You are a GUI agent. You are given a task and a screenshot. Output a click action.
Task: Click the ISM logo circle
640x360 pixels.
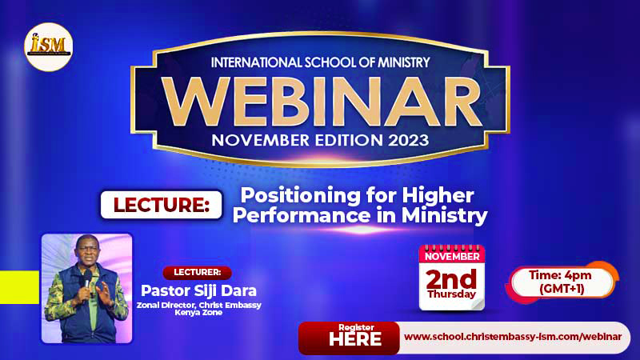pyautogui.click(x=49, y=47)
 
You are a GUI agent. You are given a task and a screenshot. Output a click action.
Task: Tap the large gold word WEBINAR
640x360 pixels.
pyautogui.click(x=322, y=102)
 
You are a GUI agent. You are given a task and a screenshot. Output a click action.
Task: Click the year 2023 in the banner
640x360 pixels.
pyautogui.click(x=408, y=141)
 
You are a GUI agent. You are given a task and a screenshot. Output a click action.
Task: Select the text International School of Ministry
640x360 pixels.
pyautogui.click(x=321, y=62)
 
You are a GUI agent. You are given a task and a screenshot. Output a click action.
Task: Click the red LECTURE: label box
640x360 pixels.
pyautogui.click(x=162, y=205)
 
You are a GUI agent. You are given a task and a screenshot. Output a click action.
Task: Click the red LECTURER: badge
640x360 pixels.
pyautogui.click(x=197, y=272)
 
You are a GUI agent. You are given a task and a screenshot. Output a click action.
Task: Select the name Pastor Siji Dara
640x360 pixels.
pyautogui.click(x=198, y=290)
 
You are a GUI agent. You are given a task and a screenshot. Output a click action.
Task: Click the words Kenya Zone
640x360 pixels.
pyautogui.click(x=198, y=313)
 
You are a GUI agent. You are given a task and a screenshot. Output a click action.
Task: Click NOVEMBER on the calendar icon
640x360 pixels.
pyautogui.click(x=452, y=257)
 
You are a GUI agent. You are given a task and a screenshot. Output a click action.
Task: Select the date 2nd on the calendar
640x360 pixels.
pyautogui.click(x=451, y=278)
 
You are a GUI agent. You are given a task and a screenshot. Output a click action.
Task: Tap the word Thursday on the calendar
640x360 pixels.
pyautogui.click(x=452, y=294)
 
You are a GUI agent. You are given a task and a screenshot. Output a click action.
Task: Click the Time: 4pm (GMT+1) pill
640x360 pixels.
pyautogui.click(x=562, y=282)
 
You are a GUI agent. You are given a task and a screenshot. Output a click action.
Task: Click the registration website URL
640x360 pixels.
pyautogui.click(x=513, y=337)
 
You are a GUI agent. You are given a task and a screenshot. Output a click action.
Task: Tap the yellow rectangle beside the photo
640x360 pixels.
pyautogui.click(x=19, y=287)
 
